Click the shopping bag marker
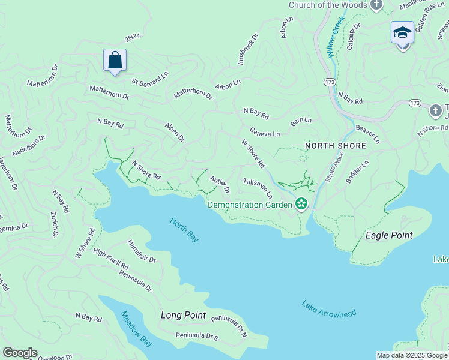(x=115, y=61)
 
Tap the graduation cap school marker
(x=402, y=33)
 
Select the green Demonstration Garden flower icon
(x=301, y=205)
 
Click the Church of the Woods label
(x=327, y=5)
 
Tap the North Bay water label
(x=184, y=229)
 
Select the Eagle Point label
(x=389, y=235)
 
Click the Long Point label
(x=183, y=315)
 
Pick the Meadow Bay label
(x=136, y=328)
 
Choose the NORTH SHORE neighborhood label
(x=335, y=146)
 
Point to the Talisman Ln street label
(x=258, y=188)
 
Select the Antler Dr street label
(x=220, y=184)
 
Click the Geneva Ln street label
(x=265, y=133)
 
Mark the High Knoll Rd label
(x=110, y=258)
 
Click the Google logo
(x=20, y=353)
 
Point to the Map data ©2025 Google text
(x=412, y=355)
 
